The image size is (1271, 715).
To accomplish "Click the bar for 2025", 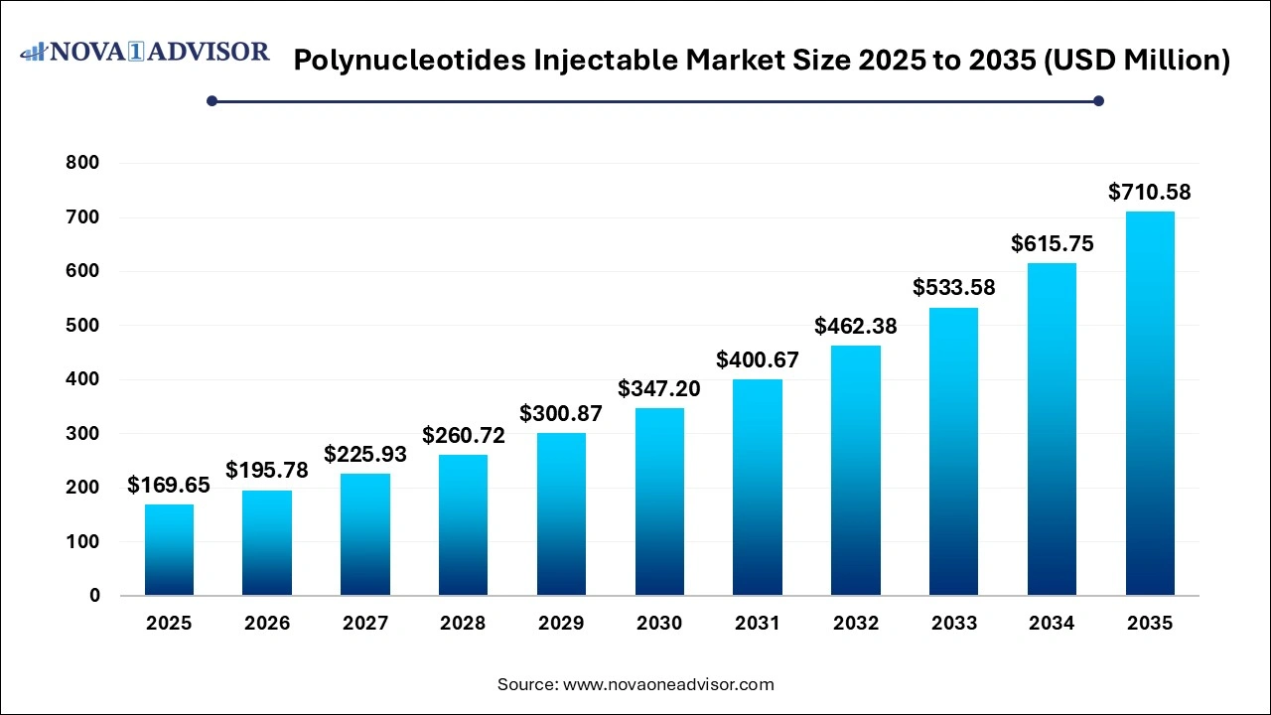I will pyautogui.click(x=169, y=550).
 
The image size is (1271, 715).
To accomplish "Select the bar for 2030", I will pyautogui.click(x=659, y=501).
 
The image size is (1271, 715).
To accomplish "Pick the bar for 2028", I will pyautogui.click(x=464, y=525).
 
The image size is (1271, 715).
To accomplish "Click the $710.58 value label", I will pyautogui.click(x=1150, y=193).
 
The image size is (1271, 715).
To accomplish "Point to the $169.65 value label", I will pyautogui.click(x=169, y=485).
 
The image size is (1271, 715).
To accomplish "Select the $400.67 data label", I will pyautogui.click(x=758, y=359).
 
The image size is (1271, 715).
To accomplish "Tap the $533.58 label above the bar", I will pyautogui.click(x=953, y=288).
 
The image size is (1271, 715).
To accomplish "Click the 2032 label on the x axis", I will pyautogui.click(x=856, y=624).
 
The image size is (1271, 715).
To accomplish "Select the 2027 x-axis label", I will pyautogui.click(x=365, y=624).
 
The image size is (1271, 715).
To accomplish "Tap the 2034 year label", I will pyautogui.click(x=1052, y=624).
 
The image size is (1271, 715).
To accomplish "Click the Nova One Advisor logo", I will pyautogui.click(x=145, y=52).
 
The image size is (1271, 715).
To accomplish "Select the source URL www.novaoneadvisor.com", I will pyautogui.click(x=668, y=684).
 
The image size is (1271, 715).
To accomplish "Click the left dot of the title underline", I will pyautogui.click(x=212, y=100).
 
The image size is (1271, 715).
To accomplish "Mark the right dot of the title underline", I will pyautogui.click(x=1098, y=100).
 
